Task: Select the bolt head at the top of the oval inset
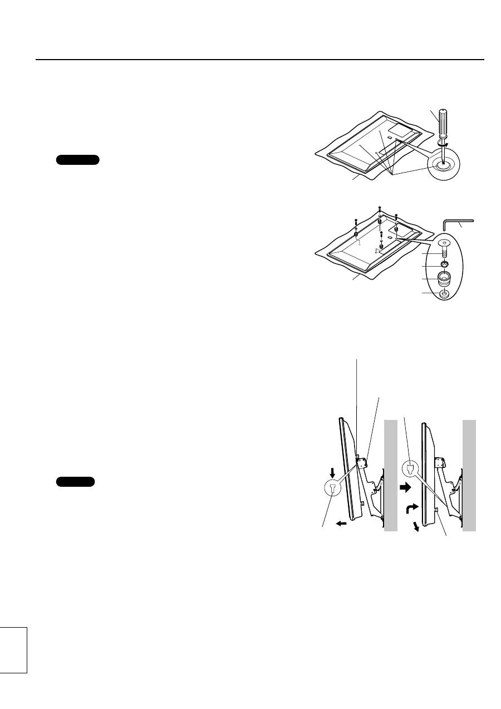tap(444, 243)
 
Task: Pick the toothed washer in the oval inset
tap(444, 263)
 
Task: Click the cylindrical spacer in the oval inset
tap(444, 277)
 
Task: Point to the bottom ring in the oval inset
tap(444, 293)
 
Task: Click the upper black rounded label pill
tap(78, 160)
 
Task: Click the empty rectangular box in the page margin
tap(13, 649)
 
